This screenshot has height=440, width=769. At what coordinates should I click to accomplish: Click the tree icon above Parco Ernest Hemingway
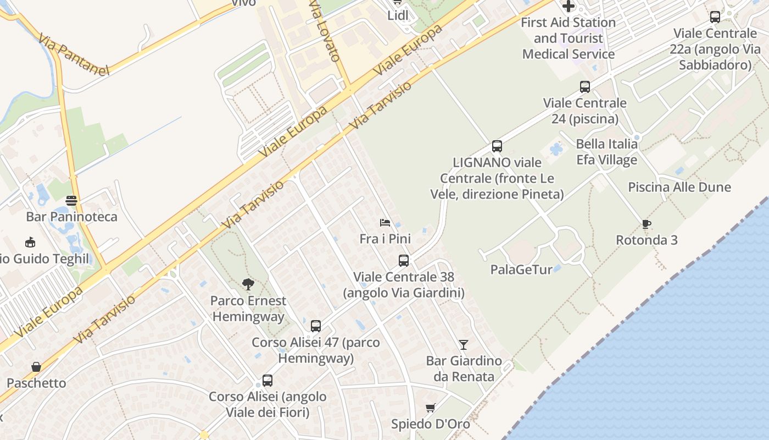point(248,284)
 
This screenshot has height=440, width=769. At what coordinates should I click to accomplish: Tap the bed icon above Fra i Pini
point(385,223)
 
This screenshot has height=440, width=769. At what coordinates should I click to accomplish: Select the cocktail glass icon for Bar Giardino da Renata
point(464,345)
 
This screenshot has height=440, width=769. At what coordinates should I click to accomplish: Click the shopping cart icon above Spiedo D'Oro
point(431,408)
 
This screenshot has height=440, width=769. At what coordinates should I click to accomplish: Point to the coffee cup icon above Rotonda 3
point(646,224)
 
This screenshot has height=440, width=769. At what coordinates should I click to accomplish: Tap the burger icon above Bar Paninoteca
point(71,200)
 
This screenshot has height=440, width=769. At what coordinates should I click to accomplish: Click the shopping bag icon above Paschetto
point(36,367)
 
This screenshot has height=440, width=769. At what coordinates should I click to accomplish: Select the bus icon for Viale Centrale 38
point(404,261)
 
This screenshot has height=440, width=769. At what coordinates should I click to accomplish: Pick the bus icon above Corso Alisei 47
point(315,326)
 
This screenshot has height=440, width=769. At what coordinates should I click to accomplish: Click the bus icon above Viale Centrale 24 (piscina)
point(585,87)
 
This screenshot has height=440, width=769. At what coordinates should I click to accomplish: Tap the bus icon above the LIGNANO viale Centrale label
point(497,146)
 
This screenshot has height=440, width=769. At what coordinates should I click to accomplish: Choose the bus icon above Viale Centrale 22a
point(715,17)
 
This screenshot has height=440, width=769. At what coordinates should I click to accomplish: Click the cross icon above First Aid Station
point(569,7)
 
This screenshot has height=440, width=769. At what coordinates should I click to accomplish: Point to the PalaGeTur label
point(521,269)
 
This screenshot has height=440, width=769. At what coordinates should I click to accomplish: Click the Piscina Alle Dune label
point(679,187)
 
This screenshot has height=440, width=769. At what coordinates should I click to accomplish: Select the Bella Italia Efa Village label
point(606,152)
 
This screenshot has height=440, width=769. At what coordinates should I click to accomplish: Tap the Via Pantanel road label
point(74,54)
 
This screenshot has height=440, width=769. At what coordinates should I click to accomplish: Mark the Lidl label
point(398,15)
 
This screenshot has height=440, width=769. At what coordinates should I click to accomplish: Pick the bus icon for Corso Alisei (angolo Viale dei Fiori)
point(268,381)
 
